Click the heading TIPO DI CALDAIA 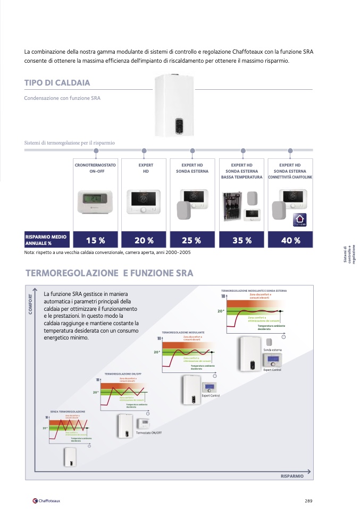tap(57, 83)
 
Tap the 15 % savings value tap(96, 240)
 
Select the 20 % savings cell tap(144, 240)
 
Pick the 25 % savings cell tap(191, 240)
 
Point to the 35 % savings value tap(242, 240)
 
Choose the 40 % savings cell tap(290, 240)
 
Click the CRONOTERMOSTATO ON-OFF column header tap(96, 168)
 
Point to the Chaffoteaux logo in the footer tap(46, 500)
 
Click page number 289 tap(308, 500)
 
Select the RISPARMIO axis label tap(292, 476)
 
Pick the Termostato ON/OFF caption tap(149, 432)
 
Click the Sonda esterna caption tap(272, 350)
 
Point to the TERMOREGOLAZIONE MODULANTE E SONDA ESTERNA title tap(254, 291)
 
